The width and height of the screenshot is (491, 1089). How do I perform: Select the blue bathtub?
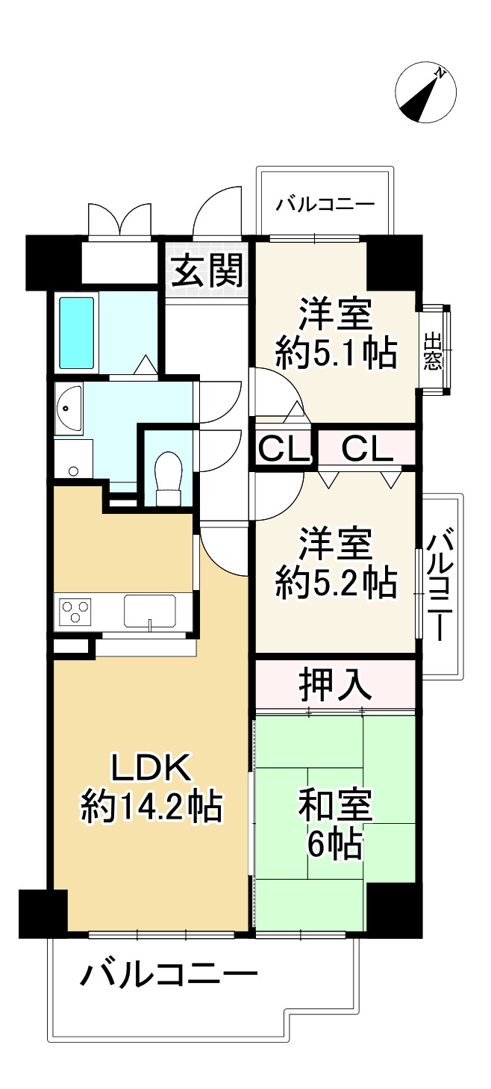77,333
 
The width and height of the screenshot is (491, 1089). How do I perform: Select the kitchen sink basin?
149,611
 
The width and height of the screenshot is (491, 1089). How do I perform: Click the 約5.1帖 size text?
335,353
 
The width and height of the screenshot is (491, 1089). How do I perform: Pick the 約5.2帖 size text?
335,583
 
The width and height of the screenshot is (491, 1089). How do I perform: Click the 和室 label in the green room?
335,807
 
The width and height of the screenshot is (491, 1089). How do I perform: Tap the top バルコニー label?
322,204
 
